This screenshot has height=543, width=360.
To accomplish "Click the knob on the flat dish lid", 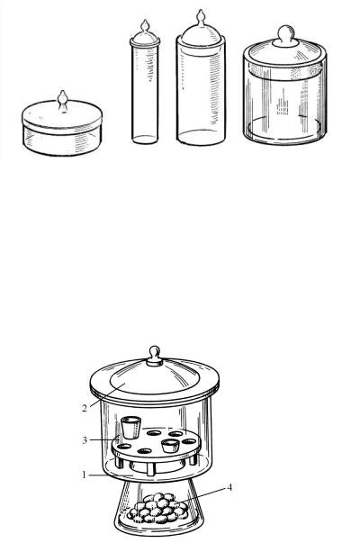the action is (63, 101).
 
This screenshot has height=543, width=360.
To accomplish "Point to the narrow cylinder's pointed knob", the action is (145, 25).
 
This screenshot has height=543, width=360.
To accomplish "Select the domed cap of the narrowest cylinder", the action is (145, 39).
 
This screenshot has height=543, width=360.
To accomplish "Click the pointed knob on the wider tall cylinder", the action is (201, 17).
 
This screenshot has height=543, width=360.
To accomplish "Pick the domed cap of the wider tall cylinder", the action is (201, 34).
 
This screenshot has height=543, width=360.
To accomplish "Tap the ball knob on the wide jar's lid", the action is (286, 35).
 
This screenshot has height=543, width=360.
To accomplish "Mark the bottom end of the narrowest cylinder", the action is (145, 140).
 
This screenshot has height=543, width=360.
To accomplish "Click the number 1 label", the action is (84, 474).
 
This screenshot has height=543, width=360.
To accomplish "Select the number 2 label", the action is (85, 408).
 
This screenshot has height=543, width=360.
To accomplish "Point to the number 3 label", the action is (85, 440).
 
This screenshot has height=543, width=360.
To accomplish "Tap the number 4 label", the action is (229, 487).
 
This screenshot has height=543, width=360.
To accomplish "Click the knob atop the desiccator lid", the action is (155, 356).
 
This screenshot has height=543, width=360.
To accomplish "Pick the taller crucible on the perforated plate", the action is (130, 428).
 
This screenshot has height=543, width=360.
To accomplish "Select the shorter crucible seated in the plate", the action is (170, 446).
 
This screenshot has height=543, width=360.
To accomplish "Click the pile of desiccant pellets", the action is (158, 508).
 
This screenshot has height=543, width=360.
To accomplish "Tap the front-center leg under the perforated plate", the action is (150, 468).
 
